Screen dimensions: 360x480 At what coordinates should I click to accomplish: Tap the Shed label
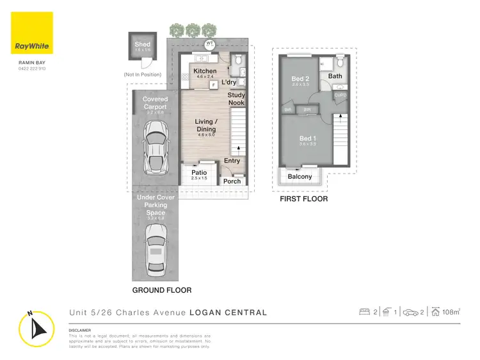[x=142, y=45]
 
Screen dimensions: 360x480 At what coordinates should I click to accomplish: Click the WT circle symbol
[x=209, y=44]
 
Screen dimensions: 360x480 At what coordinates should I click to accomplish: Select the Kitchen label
[x=205, y=71]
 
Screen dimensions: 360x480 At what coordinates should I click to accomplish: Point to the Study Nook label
[x=236, y=99]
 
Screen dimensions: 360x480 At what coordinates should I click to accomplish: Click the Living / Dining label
[x=206, y=126]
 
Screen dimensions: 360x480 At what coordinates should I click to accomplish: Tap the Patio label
[x=199, y=172]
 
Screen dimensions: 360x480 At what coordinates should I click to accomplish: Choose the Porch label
[x=232, y=181]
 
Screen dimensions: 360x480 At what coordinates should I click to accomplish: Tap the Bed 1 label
[x=307, y=138]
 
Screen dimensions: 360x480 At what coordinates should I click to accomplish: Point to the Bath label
[x=335, y=76]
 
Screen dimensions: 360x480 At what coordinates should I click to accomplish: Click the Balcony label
[x=300, y=177]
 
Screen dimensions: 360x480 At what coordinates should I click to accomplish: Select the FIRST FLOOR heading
[x=304, y=199]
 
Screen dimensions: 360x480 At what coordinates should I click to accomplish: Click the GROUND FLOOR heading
[x=161, y=290]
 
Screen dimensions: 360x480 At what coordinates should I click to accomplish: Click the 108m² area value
[x=451, y=312]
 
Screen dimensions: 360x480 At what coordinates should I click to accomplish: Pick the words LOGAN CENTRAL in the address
[x=228, y=313]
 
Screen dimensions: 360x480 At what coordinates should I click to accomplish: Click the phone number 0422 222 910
[x=32, y=68]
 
